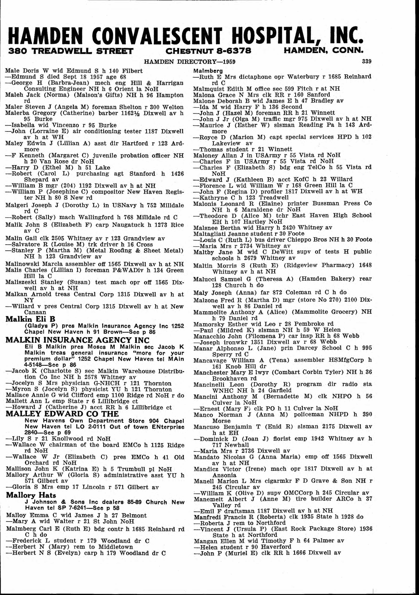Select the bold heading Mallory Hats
[31, 495]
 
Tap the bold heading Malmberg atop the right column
[208, 71]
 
